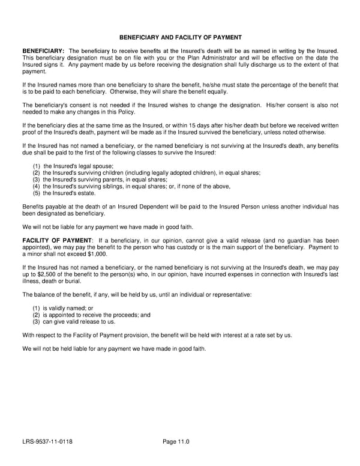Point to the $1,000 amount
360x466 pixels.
(95, 254)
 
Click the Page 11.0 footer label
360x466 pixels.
(176, 443)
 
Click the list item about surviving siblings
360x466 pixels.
(131, 186)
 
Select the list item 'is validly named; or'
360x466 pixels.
(63, 307)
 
